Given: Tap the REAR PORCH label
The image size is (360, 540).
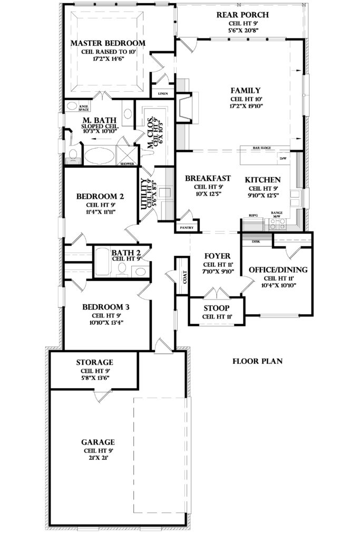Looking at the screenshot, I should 242,14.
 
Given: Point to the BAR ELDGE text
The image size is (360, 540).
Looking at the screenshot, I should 262,148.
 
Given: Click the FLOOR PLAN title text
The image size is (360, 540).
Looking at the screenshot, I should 258,362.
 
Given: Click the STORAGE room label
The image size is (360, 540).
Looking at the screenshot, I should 95,362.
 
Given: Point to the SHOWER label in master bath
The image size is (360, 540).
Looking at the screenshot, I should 128,164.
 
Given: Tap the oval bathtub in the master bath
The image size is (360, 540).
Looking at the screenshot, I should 100,157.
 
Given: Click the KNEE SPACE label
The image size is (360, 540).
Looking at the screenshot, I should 70,108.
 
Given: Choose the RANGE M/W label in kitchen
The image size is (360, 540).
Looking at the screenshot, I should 277,214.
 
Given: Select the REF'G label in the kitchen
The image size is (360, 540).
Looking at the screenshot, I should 254,216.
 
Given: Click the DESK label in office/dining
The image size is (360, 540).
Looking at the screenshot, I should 256,242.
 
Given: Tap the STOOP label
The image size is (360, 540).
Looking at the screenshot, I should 216,308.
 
